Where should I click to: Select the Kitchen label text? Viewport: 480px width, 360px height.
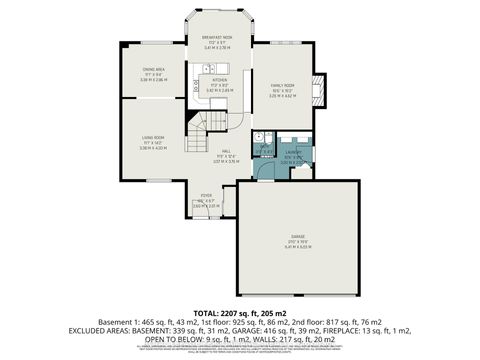click(x=219, y=80)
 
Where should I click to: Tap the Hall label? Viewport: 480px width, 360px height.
click(x=226, y=151)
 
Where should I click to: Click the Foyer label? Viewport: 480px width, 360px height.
click(x=206, y=196)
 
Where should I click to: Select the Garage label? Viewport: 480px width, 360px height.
click(x=297, y=237)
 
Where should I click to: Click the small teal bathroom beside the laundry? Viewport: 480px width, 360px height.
click(x=262, y=153)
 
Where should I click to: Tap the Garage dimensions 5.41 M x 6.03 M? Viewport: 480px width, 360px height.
click(x=297, y=246)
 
